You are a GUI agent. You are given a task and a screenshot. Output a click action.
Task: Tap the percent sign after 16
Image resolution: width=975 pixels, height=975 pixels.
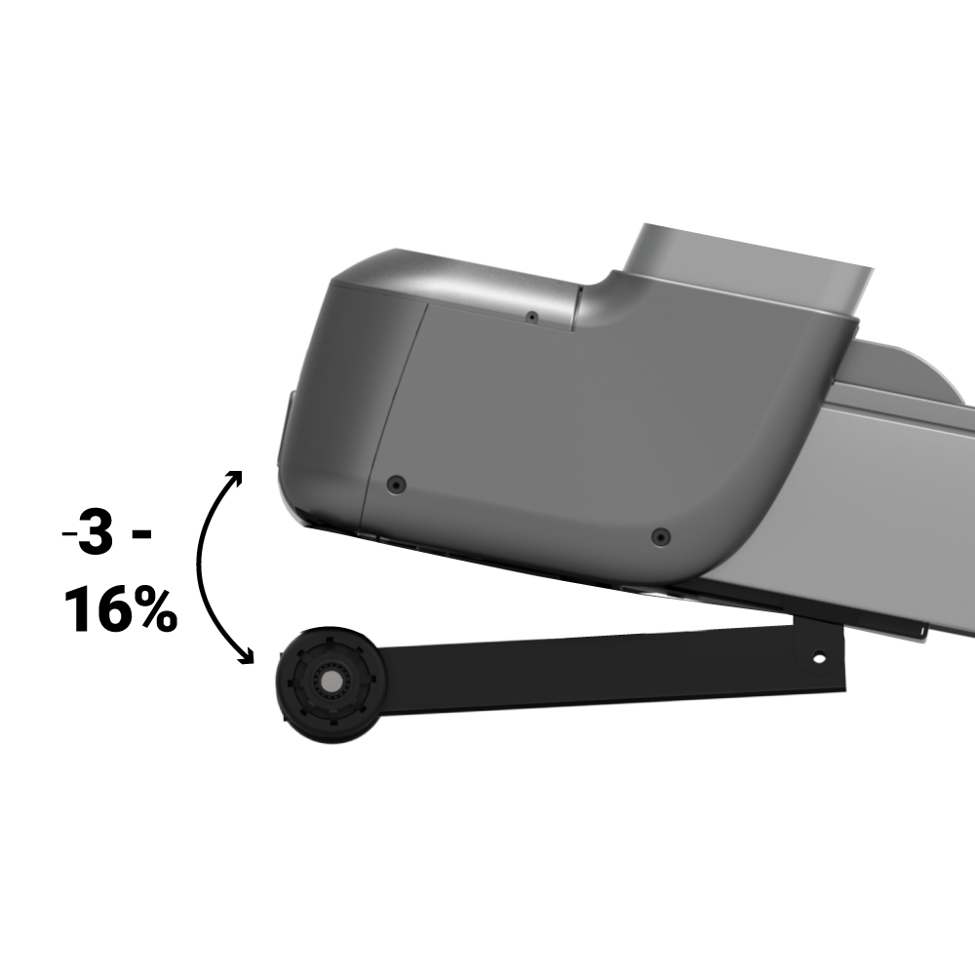(x=154, y=610)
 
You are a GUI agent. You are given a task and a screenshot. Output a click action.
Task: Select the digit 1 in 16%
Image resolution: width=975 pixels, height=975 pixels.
(x=77, y=609)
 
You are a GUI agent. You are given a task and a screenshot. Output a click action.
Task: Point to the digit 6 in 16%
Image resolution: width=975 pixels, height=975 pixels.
(x=111, y=609)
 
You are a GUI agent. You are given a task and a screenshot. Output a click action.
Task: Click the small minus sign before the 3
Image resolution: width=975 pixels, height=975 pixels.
(x=69, y=533)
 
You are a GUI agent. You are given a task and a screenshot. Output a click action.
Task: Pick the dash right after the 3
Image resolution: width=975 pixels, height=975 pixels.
(x=142, y=533)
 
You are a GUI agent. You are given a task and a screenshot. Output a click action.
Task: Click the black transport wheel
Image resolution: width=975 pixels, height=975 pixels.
(x=331, y=684)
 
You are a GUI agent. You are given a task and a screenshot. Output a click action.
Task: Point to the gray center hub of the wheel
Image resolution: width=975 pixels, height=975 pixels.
(x=331, y=682)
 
